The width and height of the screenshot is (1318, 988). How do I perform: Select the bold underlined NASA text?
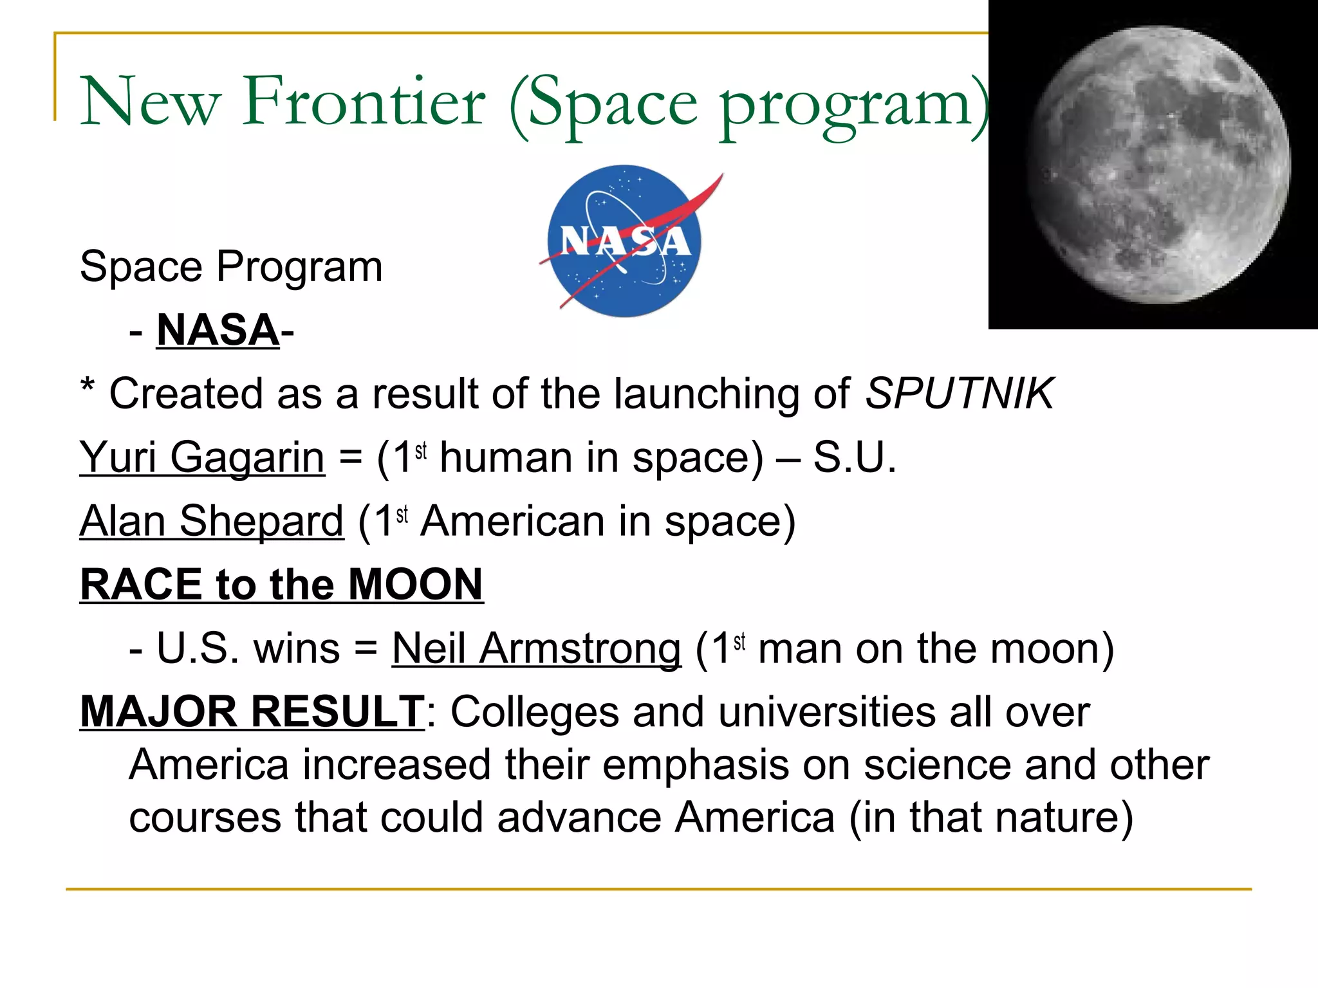tap(218, 331)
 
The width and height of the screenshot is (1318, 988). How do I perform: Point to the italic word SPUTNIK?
tap(959, 393)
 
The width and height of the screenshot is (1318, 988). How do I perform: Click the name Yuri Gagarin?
tap(202, 457)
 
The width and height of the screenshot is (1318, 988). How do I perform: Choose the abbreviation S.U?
tap(855, 457)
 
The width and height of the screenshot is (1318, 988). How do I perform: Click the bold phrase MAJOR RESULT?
tap(252, 711)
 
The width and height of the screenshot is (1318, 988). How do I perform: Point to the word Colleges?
tap(534, 712)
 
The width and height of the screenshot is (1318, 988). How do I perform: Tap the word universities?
tap(827, 712)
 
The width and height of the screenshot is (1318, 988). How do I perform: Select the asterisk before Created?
tap(88, 388)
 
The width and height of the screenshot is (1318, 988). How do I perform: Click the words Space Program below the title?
tap(231, 266)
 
